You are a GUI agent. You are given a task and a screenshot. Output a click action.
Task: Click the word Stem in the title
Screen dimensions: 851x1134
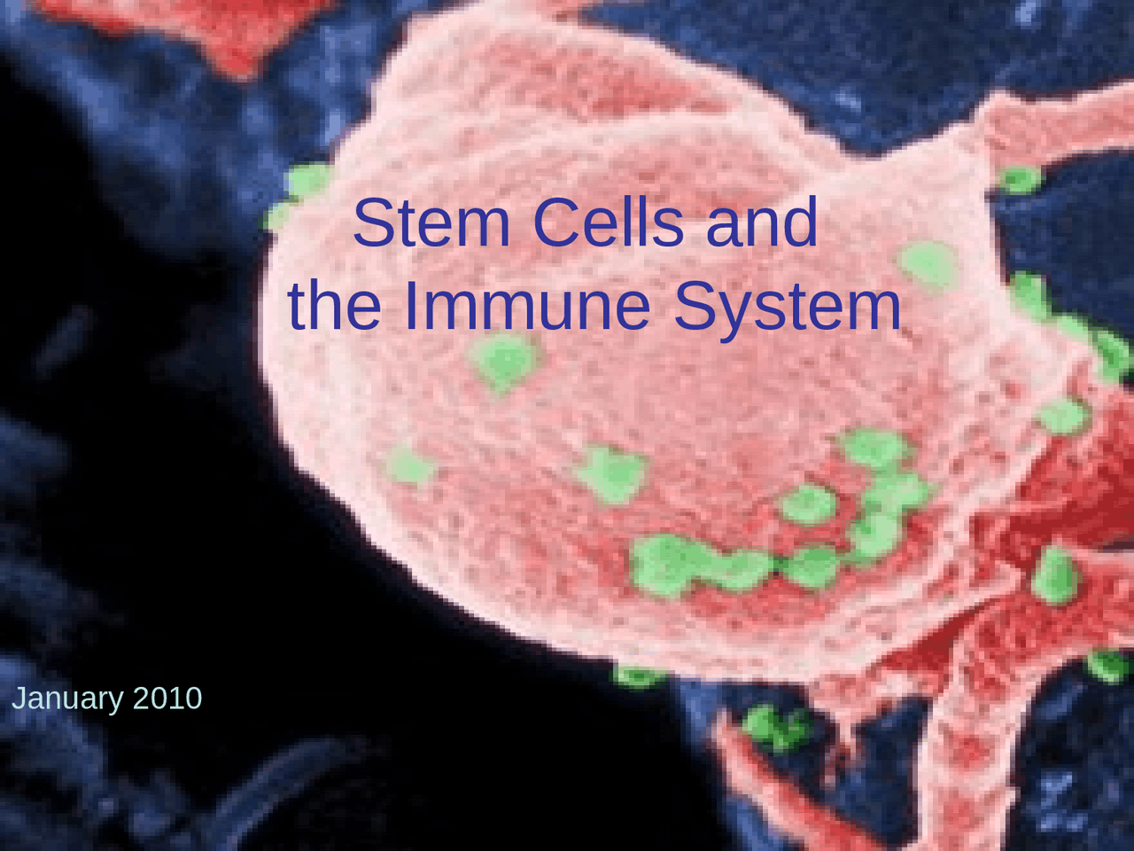[431, 223]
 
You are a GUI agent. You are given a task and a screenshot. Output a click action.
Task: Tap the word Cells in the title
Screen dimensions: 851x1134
[608, 223]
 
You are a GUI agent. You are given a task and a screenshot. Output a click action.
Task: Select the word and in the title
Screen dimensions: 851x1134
[761, 223]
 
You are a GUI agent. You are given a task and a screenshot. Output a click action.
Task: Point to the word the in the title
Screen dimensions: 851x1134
[335, 306]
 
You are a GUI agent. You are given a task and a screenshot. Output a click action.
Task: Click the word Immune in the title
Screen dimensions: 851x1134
[528, 306]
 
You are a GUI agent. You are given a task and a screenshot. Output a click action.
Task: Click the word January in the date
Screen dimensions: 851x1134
[67, 699]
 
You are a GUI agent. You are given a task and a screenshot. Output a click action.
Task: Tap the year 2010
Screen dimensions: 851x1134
[167, 699]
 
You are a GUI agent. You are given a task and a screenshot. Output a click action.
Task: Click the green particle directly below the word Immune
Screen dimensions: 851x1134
[505, 362]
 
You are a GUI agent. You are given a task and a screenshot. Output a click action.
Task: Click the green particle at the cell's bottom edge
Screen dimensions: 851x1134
[638, 676]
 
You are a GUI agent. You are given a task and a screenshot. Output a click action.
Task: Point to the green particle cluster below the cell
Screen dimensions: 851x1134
[776, 726]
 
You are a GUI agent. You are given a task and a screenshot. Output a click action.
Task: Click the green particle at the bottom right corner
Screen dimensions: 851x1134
[1107, 665]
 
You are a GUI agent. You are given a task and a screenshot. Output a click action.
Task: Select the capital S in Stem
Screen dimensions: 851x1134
[373, 223]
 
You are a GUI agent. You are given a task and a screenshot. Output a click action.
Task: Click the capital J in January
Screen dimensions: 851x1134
[18, 699]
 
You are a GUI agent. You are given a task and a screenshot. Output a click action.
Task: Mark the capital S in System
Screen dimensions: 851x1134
[696, 306]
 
